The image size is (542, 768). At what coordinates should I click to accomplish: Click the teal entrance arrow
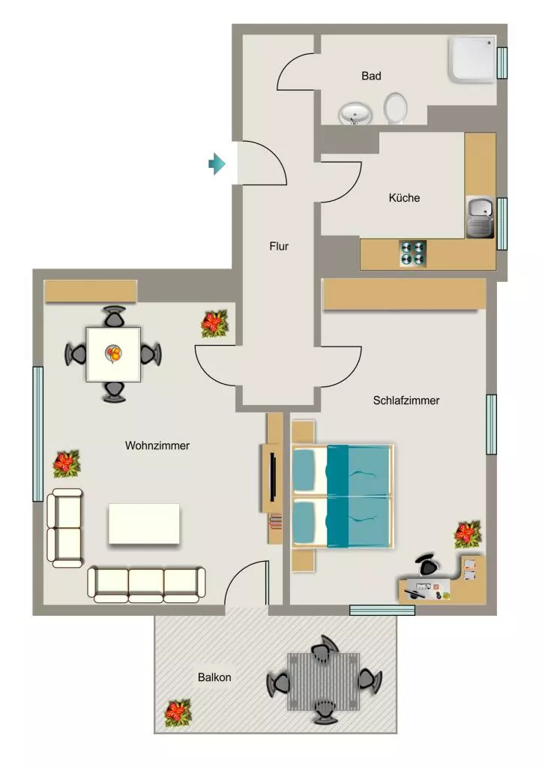217,163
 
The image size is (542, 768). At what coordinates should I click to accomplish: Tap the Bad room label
371,76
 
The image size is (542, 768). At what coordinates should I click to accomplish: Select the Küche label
404,198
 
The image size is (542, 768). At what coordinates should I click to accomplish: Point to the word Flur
279,246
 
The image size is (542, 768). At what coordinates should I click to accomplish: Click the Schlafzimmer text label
406,400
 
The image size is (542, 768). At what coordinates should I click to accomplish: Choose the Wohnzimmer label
157,445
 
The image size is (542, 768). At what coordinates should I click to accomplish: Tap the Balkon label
214,677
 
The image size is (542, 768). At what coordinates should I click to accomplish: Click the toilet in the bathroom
395,108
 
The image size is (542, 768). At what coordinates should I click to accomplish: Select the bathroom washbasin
355,114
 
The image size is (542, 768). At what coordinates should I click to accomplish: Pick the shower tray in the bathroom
472,58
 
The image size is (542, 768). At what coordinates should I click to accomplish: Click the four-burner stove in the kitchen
413,253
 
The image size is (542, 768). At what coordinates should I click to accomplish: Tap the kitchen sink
480,217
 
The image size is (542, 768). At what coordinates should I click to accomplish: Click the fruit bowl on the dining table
114,353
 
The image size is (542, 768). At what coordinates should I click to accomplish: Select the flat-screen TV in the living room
273,478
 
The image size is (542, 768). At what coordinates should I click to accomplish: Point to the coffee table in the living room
144,523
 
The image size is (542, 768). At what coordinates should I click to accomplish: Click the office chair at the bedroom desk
427,564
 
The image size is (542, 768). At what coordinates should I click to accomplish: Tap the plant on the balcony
178,713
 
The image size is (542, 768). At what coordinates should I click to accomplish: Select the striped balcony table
324,681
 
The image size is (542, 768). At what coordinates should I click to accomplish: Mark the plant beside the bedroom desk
468,534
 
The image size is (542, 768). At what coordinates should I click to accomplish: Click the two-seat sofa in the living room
64,528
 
